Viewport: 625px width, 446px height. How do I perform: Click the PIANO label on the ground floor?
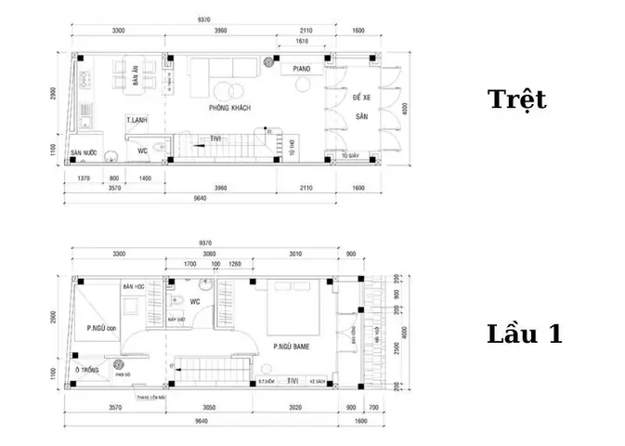301,69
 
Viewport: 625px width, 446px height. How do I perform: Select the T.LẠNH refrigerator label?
138,121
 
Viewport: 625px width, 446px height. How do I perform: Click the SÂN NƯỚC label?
84,151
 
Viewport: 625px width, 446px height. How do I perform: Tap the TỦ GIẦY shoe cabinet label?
351,156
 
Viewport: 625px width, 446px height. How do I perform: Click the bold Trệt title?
517,99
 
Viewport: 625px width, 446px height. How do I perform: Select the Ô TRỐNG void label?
89,371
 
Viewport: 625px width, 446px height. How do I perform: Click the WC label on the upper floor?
196,301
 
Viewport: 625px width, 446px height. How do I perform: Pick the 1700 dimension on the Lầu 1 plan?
189,264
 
